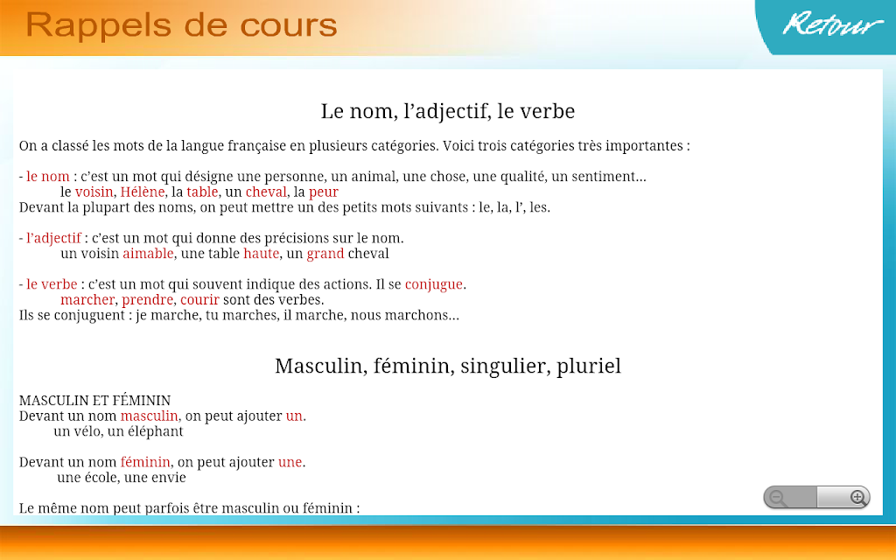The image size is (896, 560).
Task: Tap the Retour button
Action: click(x=832, y=24)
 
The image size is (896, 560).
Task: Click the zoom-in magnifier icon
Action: click(x=857, y=498)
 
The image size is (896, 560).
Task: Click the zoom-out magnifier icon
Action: click(x=777, y=498)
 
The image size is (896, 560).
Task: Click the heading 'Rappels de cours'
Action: click(x=181, y=25)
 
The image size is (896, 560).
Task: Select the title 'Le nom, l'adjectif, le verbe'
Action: click(x=447, y=111)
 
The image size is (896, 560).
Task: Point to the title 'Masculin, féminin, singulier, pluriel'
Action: click(x=447, y=366)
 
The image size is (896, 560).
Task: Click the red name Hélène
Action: click(x=143, y=192)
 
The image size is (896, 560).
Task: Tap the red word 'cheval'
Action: click(x=266, y=192)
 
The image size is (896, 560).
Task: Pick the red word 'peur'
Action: click(x=324, y=192)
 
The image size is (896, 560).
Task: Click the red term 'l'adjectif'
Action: click(x=53, y=239)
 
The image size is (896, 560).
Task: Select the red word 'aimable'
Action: click(x=148, y=253)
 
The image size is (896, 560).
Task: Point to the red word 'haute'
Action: click(x=261, y=253)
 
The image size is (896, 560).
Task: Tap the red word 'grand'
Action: click(x=325, y=254)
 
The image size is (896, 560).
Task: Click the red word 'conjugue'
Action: click(x=434, y=284)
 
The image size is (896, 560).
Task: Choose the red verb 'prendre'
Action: click(x=147, y=300)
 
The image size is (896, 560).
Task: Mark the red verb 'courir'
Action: click(x=199, y=300)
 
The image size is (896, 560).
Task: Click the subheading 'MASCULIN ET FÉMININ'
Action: click(x=94, y=401)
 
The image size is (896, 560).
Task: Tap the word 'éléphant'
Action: click(x=156, y=431)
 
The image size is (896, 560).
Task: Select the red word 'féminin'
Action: click(x=145, y=462)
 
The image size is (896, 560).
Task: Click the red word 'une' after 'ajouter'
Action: click(x=290, y=462)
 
